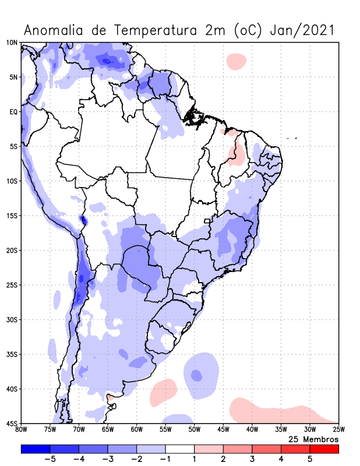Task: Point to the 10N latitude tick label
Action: click(x=11, y=43)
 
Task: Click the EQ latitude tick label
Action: click(x=13, y=112)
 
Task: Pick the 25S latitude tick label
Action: click(x=11, y=285)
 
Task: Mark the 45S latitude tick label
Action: click(x=11, y=423)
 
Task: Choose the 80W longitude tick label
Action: click(x=22, y=430)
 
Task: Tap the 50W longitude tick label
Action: click(x=194, y=430)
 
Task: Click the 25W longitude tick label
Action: click(x=338, y=430)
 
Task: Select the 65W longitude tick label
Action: click(x=108, y=430)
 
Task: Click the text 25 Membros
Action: click(x=313, y=439)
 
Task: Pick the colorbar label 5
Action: click(x=310, y=459)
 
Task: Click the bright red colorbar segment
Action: click(x=324, y=449)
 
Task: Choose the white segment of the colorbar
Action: click(x=180, y=449)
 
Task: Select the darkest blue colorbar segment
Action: click(x=36, y=449)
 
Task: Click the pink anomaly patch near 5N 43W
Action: click(x=237, y=61)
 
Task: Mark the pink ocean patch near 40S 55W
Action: click(x=163, y=393)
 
